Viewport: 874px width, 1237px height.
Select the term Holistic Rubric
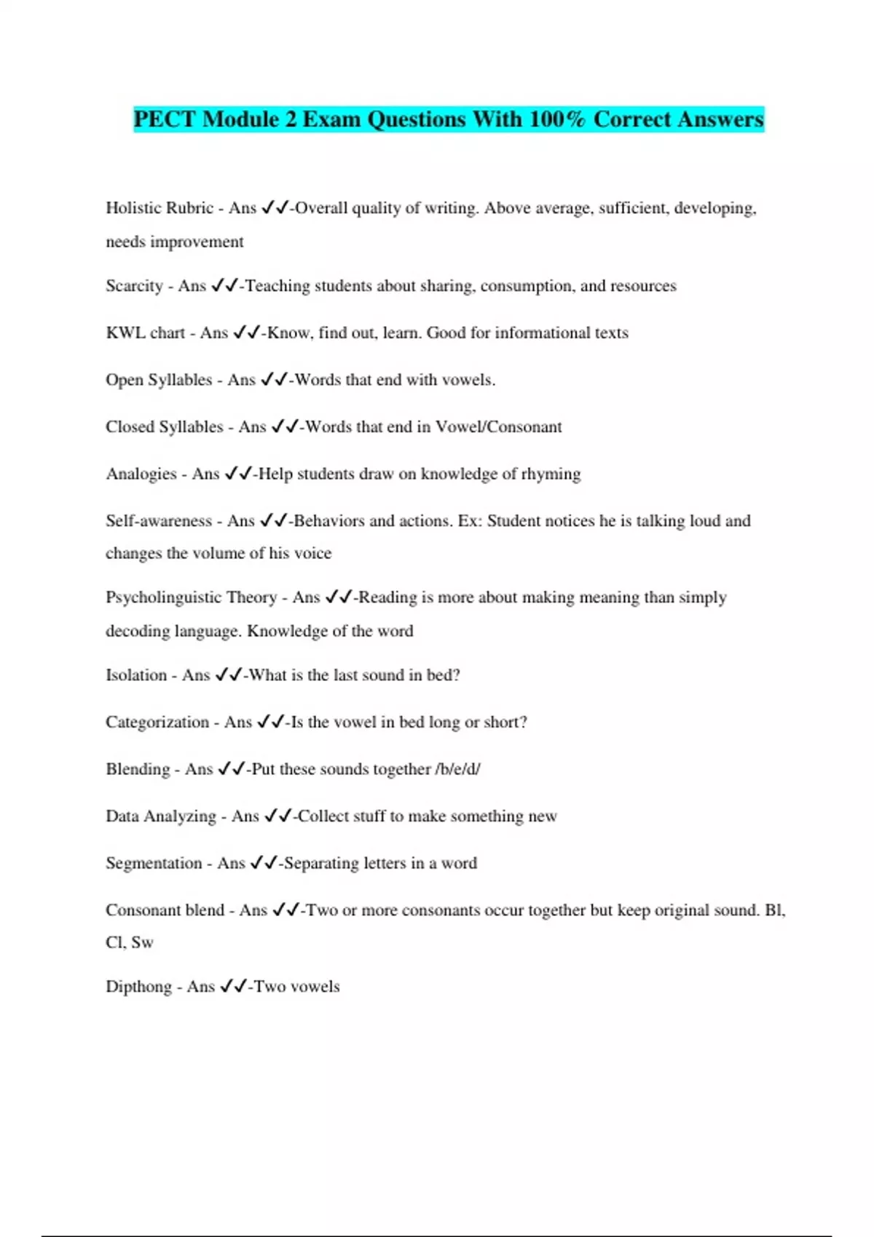(x=160, y=208)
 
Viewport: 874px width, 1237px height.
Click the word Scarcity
(x=134, y=286)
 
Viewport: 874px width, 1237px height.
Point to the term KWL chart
(x=145, y=333)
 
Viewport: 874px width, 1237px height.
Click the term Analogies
(x=141, y=474)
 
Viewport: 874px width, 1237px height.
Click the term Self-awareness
(x=159, y=521)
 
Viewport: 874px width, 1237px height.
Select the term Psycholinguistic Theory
(x=191, y=597)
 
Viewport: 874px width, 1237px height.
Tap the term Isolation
(x=136, y=675)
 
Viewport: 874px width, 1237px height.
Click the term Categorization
(x=157, y=723)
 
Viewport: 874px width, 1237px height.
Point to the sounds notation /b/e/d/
(x=457, y=769)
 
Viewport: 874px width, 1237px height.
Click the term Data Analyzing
(x=161, y=816)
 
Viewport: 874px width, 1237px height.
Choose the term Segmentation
(x=154, y=864)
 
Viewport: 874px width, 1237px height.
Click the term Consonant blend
(x=165, y=910)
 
